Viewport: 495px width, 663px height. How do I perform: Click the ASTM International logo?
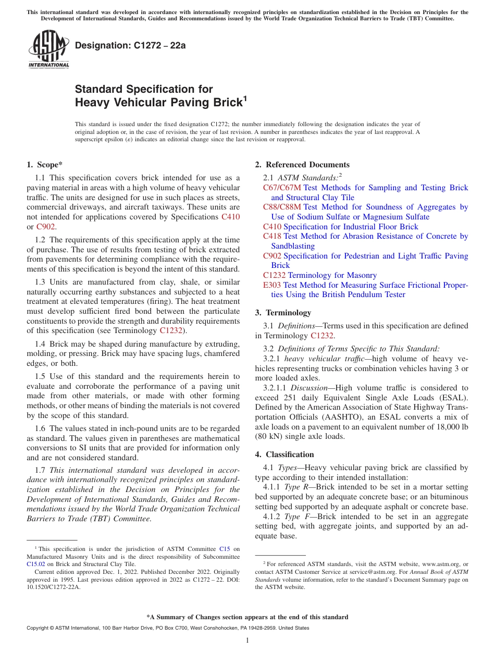coord(48,50)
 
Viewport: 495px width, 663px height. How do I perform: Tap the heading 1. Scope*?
coord(45,165)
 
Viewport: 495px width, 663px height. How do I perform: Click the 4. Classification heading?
coord(284,455)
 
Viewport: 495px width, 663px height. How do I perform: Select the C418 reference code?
coord(272,236)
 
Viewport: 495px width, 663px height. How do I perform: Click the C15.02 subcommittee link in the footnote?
coord(35,564)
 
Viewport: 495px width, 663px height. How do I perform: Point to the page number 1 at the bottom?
coord(247,641)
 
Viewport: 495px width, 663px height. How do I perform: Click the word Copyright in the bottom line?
coord(39,628)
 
